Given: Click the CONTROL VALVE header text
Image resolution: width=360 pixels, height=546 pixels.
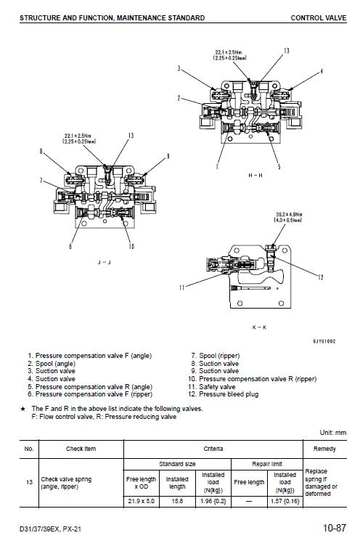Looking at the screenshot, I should pos(317,17).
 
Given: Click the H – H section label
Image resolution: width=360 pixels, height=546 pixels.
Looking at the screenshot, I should pos(255,176).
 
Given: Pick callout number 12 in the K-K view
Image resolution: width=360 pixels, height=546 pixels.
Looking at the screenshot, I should pos(320,276).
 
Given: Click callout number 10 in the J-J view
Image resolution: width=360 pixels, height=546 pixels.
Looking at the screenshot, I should pos(131,246).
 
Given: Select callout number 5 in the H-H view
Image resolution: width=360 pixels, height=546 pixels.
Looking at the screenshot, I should pos(278,166).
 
